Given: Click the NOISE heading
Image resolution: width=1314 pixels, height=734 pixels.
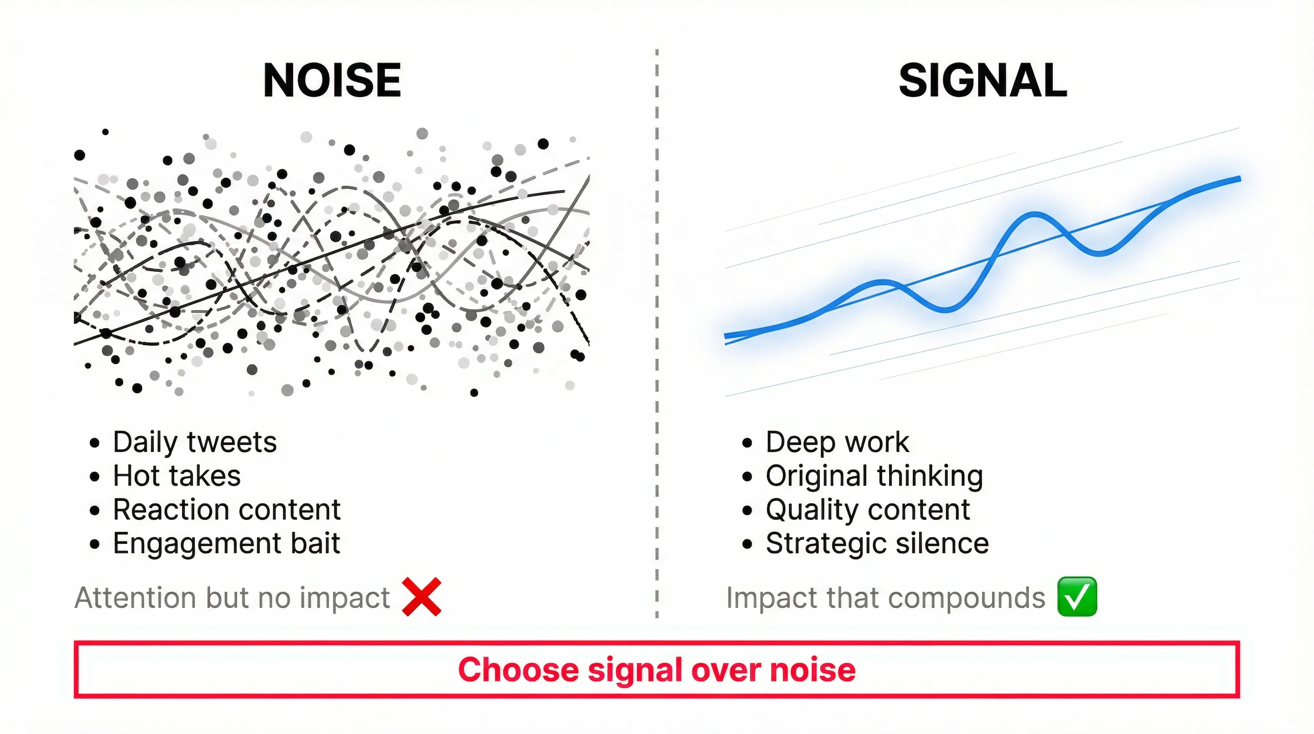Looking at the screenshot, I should [x=332, y=81].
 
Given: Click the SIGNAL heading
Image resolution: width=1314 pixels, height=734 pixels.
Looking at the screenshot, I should [x=983, y=81].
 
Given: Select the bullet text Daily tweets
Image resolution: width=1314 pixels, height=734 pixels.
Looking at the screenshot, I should [x=194, y=442].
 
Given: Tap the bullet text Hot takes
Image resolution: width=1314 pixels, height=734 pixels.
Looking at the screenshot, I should [x=177, y=476].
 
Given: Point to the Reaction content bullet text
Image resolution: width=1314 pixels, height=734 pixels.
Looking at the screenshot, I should [x=226, y=509].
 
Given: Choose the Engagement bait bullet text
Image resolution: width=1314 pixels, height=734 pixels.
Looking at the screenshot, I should [x=226, y=543].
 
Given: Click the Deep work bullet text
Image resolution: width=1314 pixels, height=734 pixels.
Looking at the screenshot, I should [x=837, y=442].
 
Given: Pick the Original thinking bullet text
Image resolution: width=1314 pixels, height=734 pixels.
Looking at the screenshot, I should [x=874, y=476].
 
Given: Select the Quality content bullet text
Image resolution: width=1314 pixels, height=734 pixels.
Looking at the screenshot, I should [x=867, y=509].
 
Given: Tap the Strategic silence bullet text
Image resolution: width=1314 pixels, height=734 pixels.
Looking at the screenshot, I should [x=877, y=543].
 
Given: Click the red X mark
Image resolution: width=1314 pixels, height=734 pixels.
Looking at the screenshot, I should [x=421, y=597].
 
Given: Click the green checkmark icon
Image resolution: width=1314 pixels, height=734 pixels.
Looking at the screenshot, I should [x=1077, y=597].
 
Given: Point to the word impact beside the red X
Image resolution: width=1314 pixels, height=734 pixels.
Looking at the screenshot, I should [x=345, y=598].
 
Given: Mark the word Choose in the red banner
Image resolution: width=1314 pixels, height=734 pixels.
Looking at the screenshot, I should [x=518, y=669].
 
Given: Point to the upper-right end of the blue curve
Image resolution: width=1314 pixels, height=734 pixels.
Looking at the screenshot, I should [x=1239, y=179].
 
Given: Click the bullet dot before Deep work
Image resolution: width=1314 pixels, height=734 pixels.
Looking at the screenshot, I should [x=747, y=443].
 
